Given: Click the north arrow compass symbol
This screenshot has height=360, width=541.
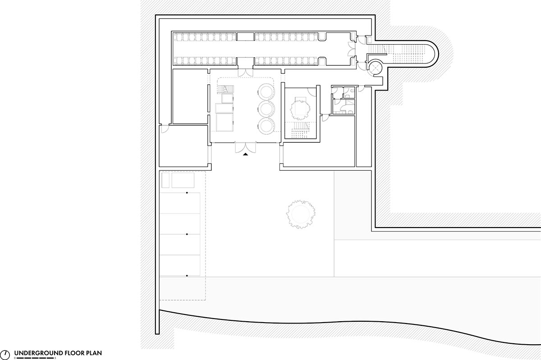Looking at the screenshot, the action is [5, 355].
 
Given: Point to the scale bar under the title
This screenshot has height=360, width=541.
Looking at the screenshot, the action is [35, 358].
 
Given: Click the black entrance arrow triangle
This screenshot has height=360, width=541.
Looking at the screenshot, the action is [245, 154].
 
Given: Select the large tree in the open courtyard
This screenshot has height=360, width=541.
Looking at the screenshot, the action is [301, 214].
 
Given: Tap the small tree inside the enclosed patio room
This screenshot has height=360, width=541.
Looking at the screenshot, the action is [300, 109].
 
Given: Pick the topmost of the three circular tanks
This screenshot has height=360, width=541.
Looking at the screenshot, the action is [266, 92].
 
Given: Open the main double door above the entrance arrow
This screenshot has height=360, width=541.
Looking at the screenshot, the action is [245, 147].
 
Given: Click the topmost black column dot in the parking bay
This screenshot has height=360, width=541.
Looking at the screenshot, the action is [187, 193].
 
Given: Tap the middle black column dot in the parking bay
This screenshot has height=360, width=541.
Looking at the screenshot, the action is [187, 234].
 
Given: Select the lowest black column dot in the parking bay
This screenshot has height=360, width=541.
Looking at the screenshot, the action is [187, 276].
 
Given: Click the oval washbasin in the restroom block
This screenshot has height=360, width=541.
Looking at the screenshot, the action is [352, 91].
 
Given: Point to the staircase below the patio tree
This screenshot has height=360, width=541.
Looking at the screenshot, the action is [300, 130].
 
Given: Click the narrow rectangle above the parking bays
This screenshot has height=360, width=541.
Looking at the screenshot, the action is [165, 180].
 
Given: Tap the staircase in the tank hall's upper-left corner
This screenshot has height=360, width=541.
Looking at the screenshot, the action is [225, 89].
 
